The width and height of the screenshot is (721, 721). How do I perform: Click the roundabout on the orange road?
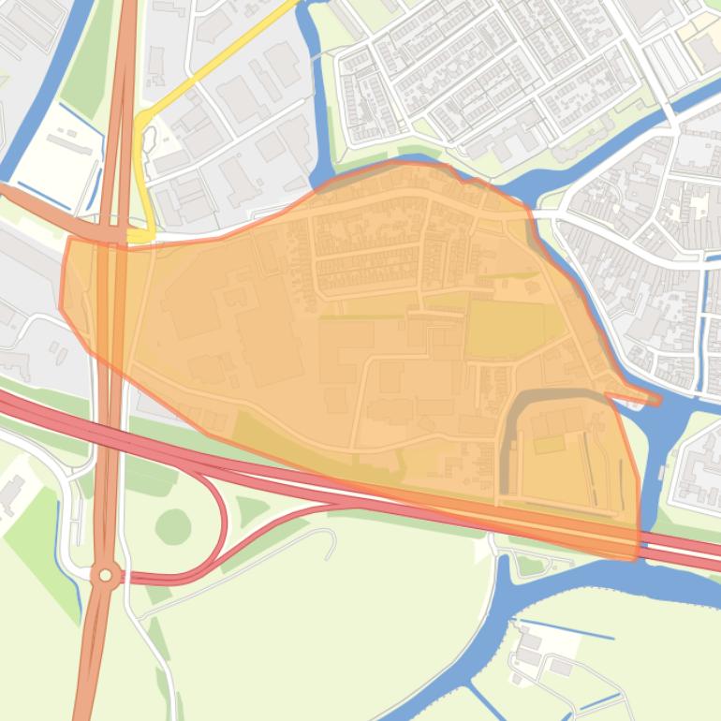point(106,575)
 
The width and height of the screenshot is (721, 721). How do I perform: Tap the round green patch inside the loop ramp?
point(173,527)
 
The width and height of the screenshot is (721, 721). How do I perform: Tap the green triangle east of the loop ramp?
point(250,511)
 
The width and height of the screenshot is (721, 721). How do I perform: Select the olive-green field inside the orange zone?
point(506,328)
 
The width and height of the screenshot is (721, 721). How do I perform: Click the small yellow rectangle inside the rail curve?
point(550,444)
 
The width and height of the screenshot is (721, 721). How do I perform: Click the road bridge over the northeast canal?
point(670,117)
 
